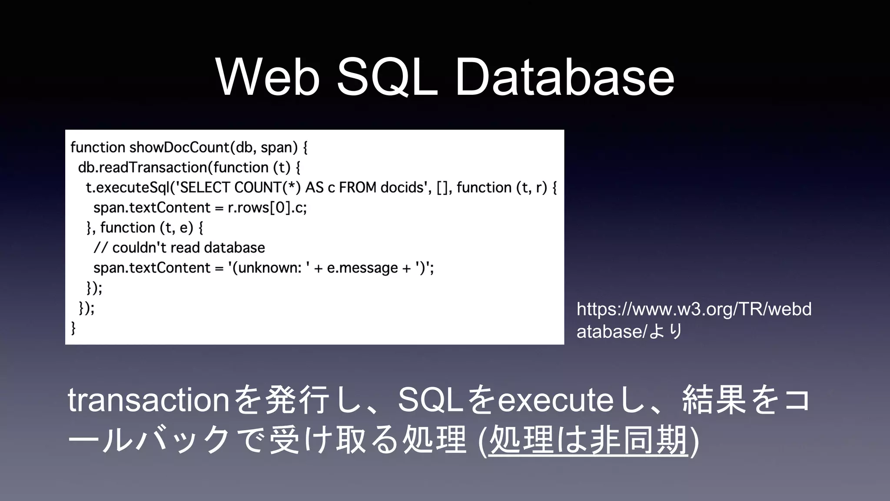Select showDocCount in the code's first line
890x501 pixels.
[179, 147]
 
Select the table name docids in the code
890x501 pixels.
[402, 187]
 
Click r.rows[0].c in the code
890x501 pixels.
[267, 208]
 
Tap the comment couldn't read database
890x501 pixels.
[188, 248]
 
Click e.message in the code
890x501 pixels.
[362, 268]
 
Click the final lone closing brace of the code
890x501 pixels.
[73, 327]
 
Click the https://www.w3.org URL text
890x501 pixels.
[694, 309]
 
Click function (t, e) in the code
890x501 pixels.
[146, 227]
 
